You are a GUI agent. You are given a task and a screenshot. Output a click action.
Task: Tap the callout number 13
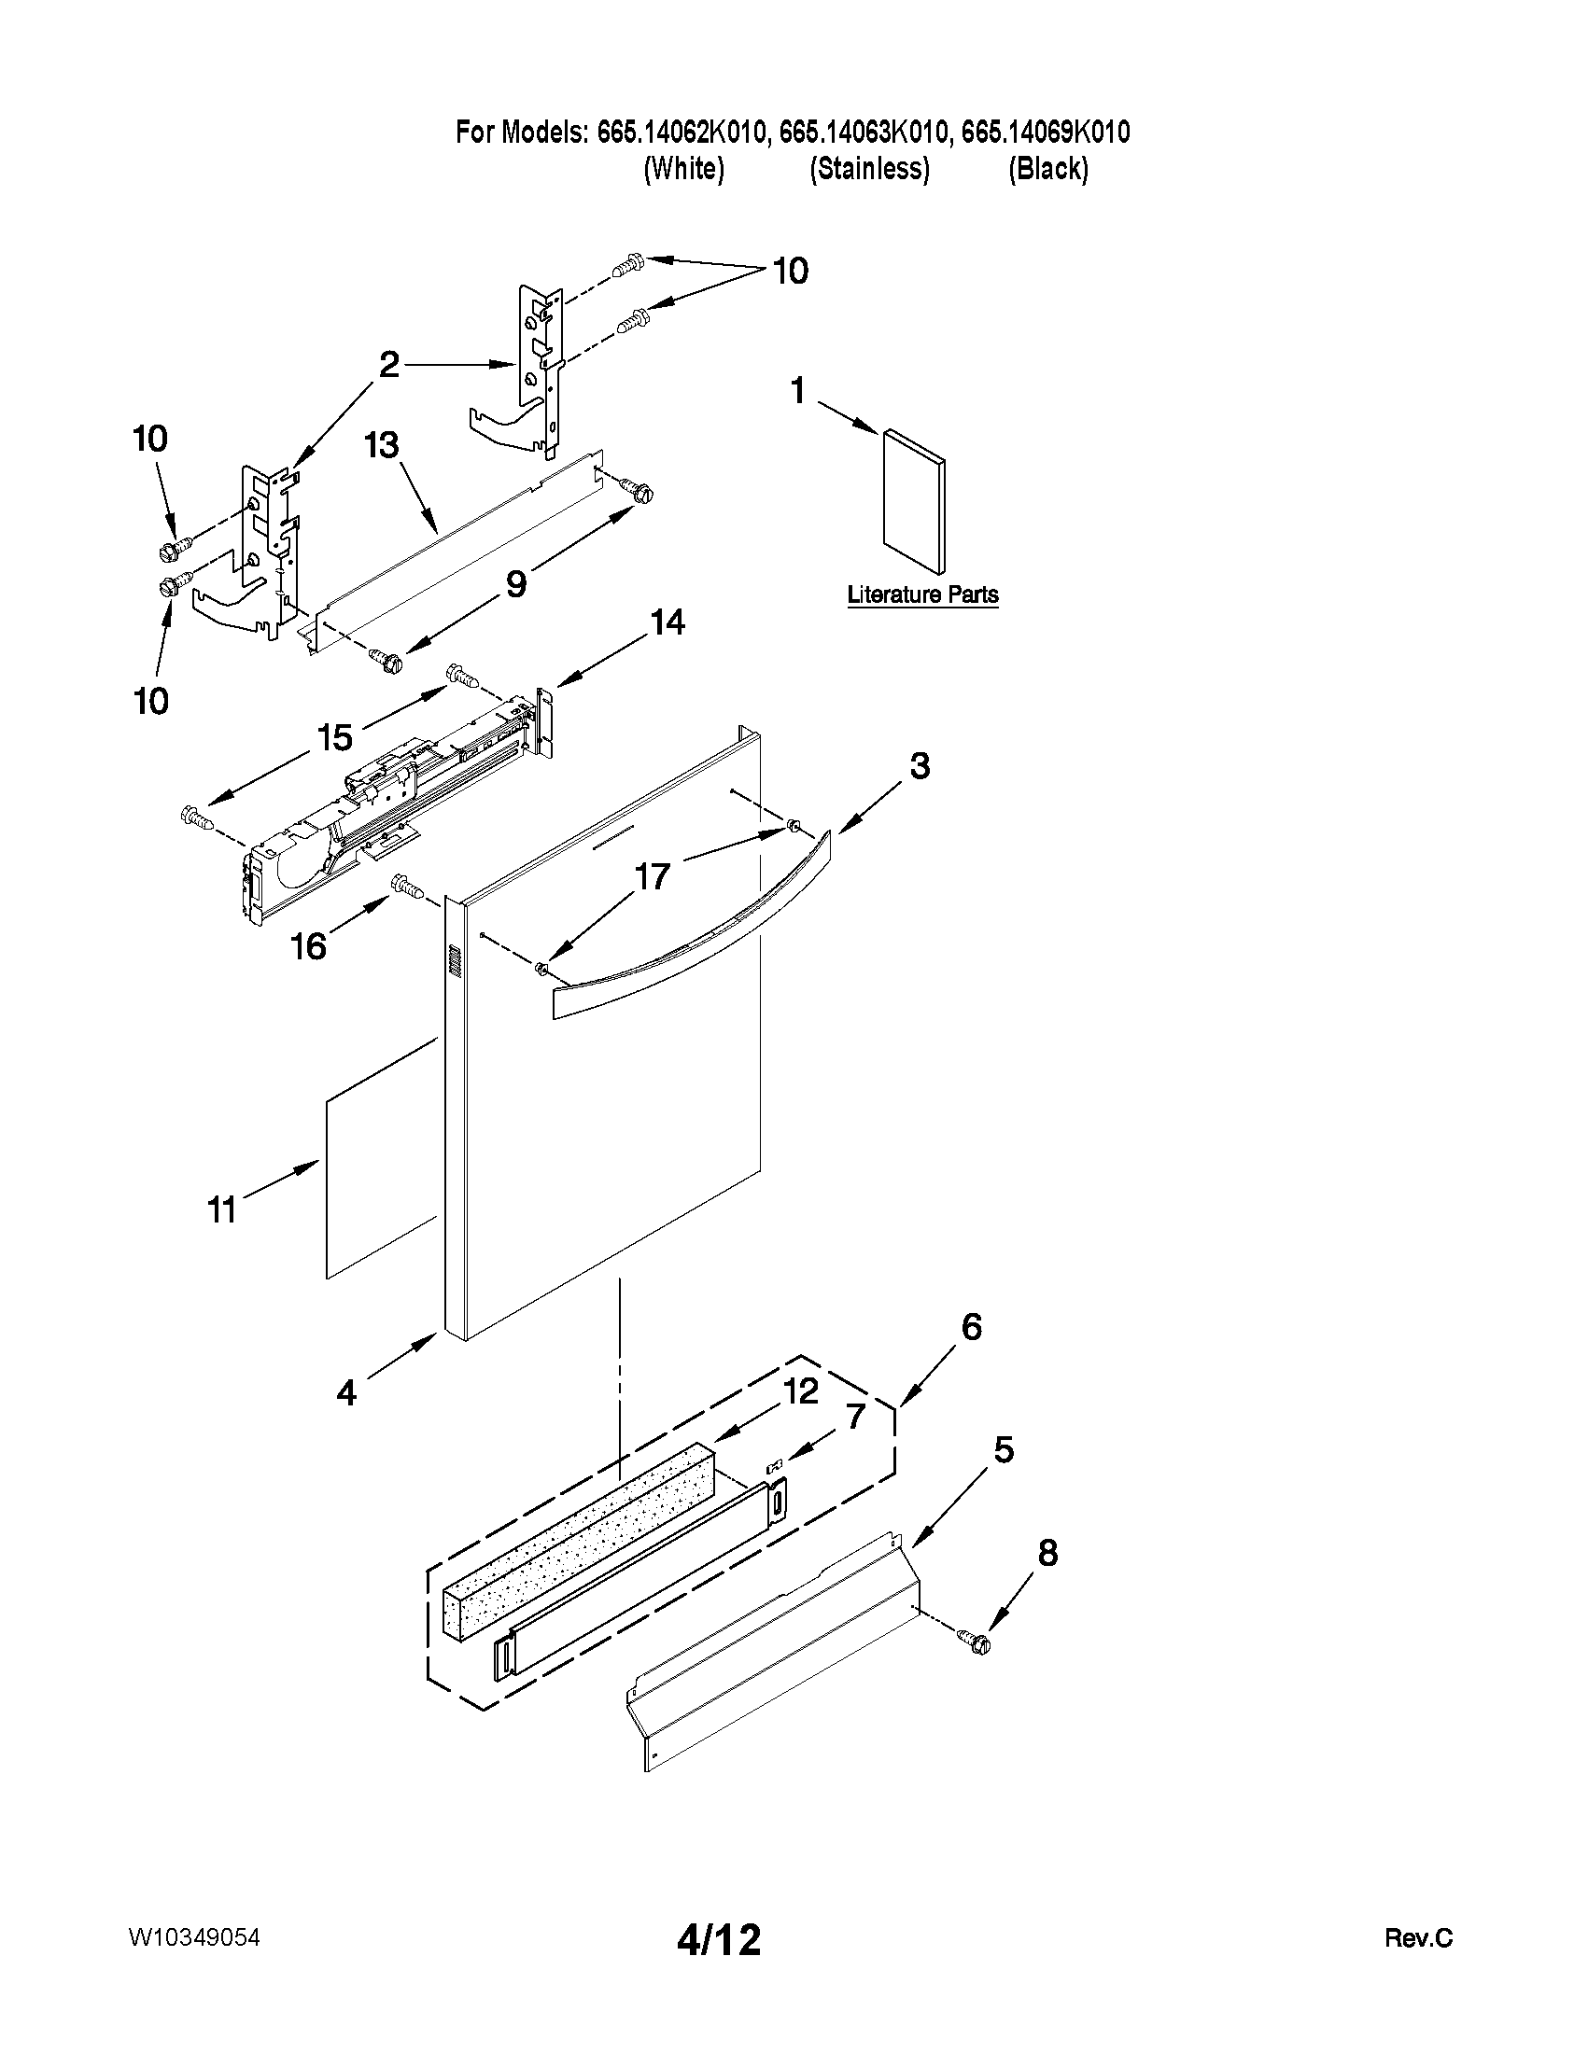[382, 445]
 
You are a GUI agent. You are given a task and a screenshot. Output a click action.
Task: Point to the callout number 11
[222, 1209]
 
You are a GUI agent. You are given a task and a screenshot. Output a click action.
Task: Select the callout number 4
[347, 1393]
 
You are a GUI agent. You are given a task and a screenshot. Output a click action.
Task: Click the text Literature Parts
[922, 594]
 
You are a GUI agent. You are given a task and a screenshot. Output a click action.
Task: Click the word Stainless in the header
[869, 169]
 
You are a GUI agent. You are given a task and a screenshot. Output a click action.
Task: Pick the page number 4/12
[719, 1938]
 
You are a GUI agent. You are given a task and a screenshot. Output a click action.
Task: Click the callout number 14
[668, 622]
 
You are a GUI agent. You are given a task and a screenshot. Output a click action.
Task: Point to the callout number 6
[971, 1327]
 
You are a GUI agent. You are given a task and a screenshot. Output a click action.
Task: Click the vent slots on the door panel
[454, 960]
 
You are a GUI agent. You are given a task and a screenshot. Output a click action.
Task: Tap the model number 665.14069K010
[1046, 133]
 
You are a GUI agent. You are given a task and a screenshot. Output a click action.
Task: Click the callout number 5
[1004, 1450]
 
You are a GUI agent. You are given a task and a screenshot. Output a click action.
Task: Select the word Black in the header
[1048, 169]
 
